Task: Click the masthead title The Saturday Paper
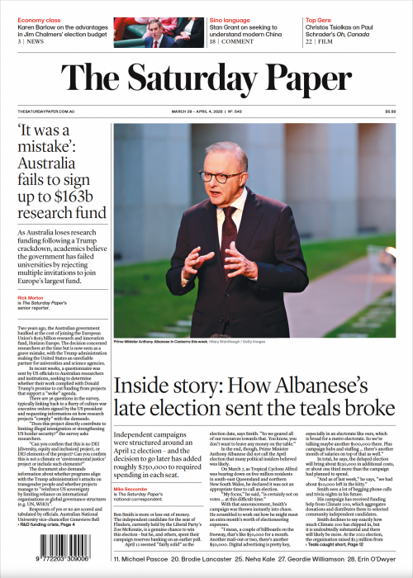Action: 206,80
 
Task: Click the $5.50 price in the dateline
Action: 390,111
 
